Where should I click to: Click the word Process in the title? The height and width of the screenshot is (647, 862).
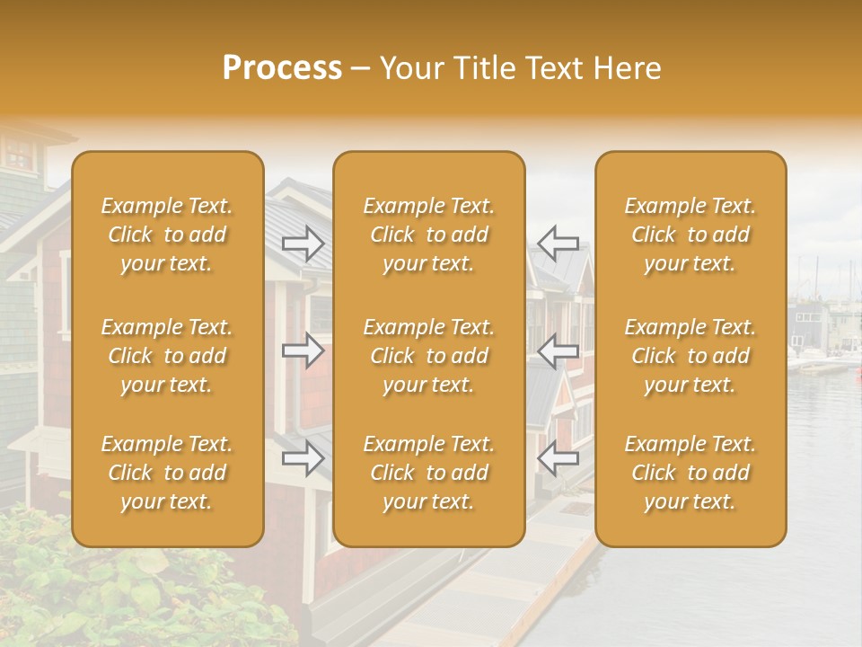click(x=282, y=68)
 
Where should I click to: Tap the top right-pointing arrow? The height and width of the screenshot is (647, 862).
click(x=303, y=244)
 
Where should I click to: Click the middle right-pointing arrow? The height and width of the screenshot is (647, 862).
click(x=303, y=350)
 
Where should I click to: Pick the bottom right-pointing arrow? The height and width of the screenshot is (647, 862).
click(x=303, y=458)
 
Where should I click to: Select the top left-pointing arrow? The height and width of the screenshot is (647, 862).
click(x=558, y=244)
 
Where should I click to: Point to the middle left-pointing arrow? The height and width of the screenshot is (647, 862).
click(x=558, y=350)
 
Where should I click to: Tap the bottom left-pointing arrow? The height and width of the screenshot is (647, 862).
click(x=558, y=458)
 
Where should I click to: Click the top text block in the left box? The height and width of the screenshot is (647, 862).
click(x=167, y=235)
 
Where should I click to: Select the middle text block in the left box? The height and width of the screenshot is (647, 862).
click(x=167, y=356)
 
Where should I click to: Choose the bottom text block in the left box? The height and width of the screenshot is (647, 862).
click(x=167, y=473)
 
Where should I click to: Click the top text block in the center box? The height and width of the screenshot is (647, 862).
click(x=428, y=235)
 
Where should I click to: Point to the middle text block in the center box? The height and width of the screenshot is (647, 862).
click(x=428, y=356)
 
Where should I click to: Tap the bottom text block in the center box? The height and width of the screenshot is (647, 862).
click(x=428, y=473)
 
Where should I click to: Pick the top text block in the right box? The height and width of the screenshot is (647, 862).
click(x=690, y=235)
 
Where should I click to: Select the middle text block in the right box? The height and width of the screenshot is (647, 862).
click(x=690, y=356)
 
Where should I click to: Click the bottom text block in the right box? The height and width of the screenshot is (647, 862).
click(x=690, y=473)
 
